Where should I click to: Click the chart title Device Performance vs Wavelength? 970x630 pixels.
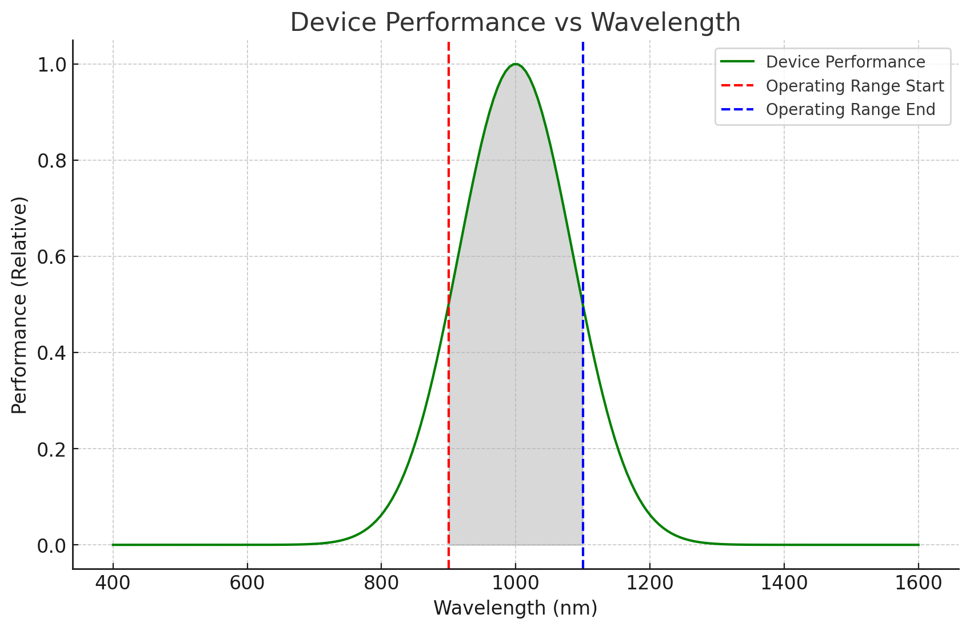coord(515,23)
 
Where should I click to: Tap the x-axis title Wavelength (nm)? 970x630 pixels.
coord(515,608)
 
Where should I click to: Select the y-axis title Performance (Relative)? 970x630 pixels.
coord(19,305)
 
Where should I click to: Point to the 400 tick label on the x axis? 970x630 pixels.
coord(113,583)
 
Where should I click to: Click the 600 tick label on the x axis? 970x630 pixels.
coord(247,583)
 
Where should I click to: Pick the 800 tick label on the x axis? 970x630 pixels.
coord(381,583)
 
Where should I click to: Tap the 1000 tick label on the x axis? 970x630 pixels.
coord(515,583)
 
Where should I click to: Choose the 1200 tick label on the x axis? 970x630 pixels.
coord(649,583)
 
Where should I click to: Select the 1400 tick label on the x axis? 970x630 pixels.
coord(784,583)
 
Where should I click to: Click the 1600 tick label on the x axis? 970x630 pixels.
coord(918,583)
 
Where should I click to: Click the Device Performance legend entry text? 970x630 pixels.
coord(845,62)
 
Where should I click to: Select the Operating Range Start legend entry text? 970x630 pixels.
coord(855,86)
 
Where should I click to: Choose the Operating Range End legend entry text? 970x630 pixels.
coord(851,109)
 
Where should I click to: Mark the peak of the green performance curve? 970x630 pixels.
coord(516,64)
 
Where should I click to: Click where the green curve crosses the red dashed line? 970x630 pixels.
coord(449,304)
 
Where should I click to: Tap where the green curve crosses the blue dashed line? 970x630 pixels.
coord(582,304)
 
